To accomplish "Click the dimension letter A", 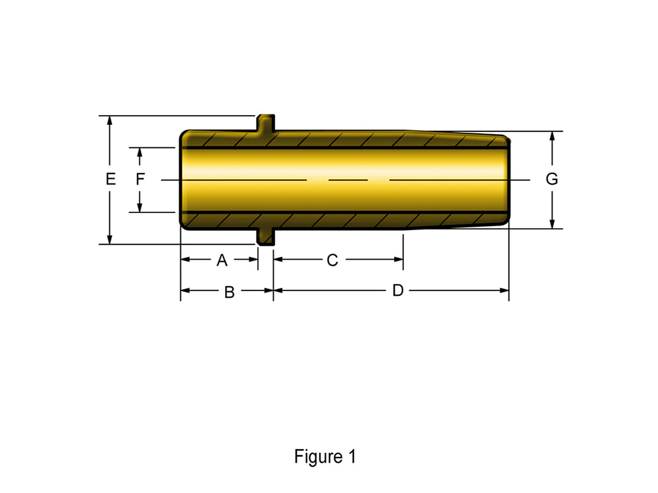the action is (x=222, y=260).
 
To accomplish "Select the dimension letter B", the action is (x=230, y=293).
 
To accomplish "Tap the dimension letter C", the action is (x=332, y=260).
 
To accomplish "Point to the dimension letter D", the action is (x=398, y=290).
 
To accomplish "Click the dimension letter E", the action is (x=111, y=179).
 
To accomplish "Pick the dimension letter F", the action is (x=140, y=179).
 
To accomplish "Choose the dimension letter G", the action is (x=552, y=179).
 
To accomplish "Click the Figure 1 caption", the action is (x=325, y=457).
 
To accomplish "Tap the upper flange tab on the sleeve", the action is (x=266, y=123).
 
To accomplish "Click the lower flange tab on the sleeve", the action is (x=266, y=237).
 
